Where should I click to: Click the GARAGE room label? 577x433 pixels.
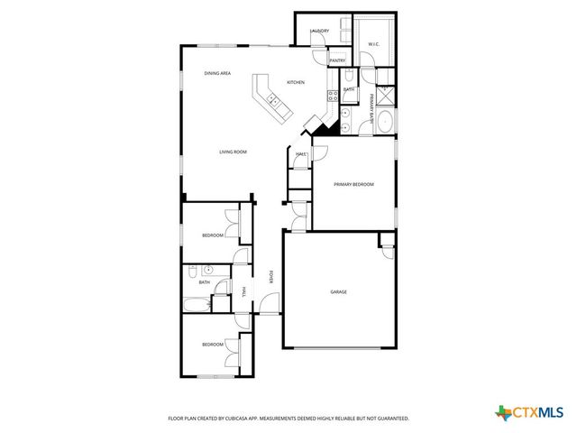339,292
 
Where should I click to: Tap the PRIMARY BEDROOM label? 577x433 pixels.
353,184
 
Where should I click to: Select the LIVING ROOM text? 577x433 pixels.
233,152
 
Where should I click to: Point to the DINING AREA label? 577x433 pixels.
217,73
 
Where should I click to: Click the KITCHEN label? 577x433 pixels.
296,82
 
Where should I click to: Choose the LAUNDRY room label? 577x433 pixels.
319,32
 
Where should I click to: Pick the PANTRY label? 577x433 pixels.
337,60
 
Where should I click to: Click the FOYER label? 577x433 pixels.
272,276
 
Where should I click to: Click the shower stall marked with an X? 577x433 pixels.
385,94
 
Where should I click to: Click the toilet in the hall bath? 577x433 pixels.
192,271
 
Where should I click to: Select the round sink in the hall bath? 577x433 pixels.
207,269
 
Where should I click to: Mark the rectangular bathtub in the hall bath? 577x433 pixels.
197,303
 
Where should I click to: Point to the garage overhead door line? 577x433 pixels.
339,346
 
